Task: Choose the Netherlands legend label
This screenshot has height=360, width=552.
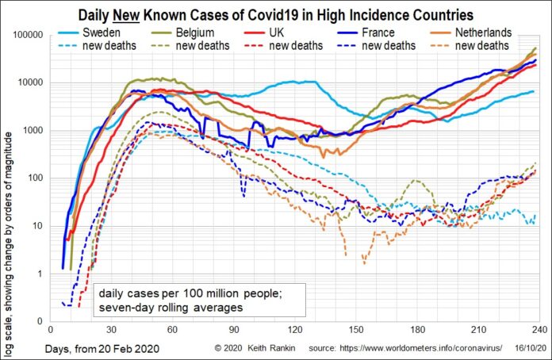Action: pos(483,33)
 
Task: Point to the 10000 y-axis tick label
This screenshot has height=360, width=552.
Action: pos(31,82)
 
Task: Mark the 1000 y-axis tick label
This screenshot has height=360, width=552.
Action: pos(33,130)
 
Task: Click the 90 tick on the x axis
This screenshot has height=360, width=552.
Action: pos(233,329)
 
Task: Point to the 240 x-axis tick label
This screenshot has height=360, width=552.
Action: pos(539,329)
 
